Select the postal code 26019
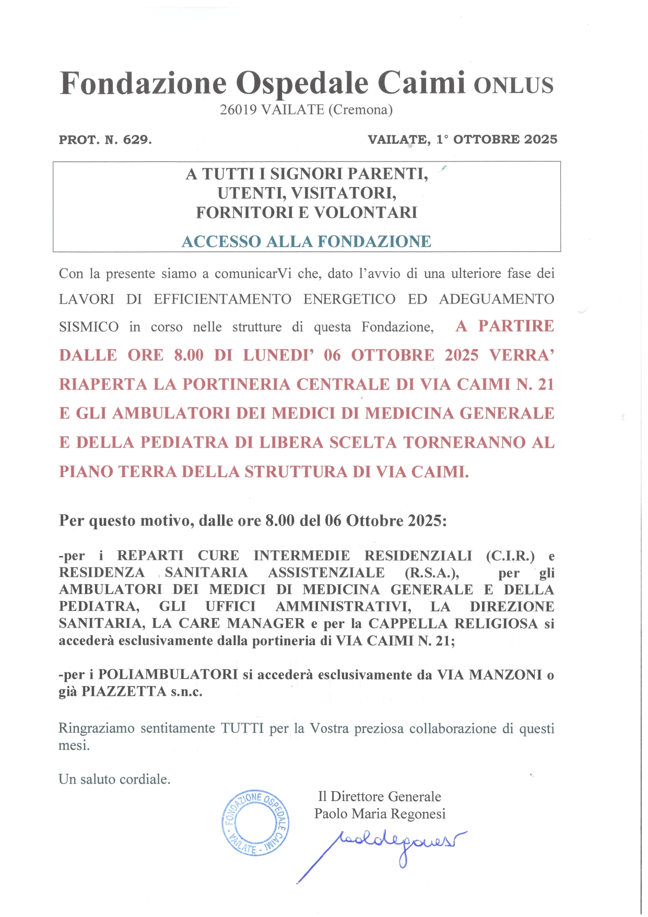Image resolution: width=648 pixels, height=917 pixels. click(x=238, y=110)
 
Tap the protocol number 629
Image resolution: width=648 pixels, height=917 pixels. click(x=137, y=140)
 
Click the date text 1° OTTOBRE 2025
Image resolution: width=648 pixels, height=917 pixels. click(x=497, y=140)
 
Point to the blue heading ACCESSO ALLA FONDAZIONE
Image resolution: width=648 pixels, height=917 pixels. click(x=307, y=241)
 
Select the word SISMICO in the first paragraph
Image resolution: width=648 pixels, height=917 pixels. click(x=89, y=327)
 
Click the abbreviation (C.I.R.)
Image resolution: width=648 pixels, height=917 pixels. click(x=510, y=556)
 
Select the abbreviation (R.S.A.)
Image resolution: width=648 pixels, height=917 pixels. click(x=432, y=573)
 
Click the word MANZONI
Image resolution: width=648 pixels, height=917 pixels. click(x=505, y=675)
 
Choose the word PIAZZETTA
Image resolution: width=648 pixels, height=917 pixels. click(x=124, y=692)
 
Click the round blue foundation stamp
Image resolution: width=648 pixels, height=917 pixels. click(x=255, y=822)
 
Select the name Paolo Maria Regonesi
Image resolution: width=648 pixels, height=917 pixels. click(x=380, y=814)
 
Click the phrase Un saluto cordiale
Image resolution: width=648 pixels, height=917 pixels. click(x=114, y=779)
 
